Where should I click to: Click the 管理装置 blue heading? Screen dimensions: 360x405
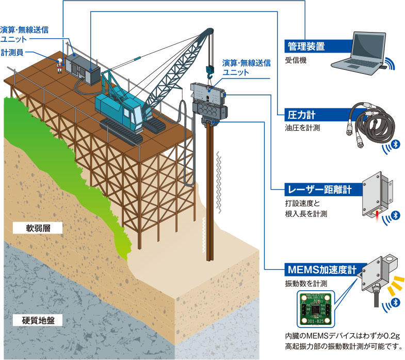pos(306,46)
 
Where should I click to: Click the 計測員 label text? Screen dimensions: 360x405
pos(12,52)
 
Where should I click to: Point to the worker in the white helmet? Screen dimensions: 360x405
pos(60,65)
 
